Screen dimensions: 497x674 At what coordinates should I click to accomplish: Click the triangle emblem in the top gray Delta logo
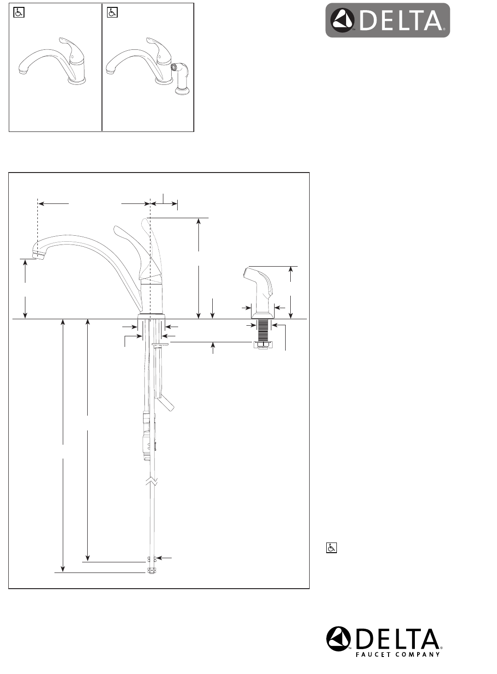343,20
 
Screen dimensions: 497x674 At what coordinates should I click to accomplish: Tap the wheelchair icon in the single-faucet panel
19,13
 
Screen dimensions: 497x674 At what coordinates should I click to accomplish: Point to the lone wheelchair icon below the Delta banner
331,548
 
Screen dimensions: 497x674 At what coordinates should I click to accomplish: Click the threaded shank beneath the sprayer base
263,330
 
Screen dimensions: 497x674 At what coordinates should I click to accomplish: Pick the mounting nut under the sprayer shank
263,345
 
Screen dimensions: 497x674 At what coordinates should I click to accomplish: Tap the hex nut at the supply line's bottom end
151,571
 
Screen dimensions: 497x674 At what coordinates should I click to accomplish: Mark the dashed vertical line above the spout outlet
37,221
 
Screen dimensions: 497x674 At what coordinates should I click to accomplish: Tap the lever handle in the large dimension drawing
134,249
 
